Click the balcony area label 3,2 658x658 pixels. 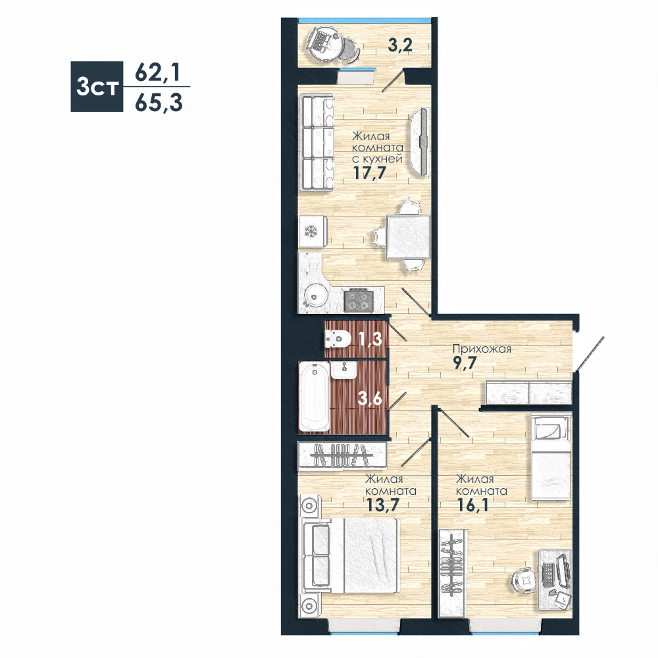(x=400, y=45)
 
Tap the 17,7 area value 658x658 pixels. (x=369, y=172)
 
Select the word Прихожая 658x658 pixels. (x=482, y=349)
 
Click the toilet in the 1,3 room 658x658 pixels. (x=338, y=338)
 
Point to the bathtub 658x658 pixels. (x=315, y=396)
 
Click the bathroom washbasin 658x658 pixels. (x=343, y=370)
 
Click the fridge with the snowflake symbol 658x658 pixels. (x=313, y=232)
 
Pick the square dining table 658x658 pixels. (x=409, y=237)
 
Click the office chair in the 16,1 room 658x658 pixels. (x=524, y=581)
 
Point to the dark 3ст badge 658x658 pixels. (x=97, y=86)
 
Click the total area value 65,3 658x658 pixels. (x=159, y=103)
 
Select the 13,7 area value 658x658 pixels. (x=382, y=505)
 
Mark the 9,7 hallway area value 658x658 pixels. (x=465, y=363)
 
